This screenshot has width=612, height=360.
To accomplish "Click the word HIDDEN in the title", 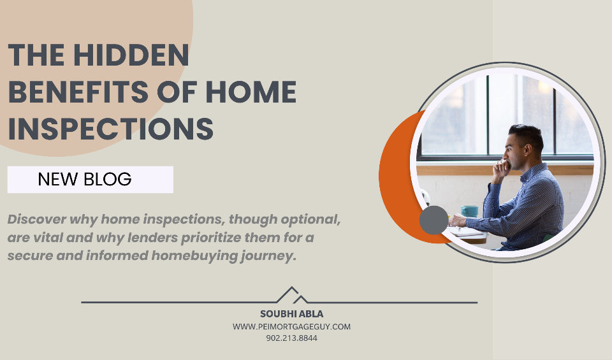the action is [x=131, y=55].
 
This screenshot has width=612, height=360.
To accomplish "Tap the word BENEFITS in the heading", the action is [x=78, y=92].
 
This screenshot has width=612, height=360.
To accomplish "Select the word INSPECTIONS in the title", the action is [x=111, y=129].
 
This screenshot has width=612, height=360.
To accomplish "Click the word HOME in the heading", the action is [x=251, y=92].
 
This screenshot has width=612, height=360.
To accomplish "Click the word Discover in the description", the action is [x=37, y=219].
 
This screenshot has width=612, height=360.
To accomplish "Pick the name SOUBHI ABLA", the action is [x=291, y=314].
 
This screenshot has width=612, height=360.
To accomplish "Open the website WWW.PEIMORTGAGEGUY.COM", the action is [x=291, y=326].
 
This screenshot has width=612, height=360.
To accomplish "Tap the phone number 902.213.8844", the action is [x=291, y=338].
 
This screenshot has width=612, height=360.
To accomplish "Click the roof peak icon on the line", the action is [x=292, y=295].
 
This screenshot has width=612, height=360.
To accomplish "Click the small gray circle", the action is [x=434, y=220].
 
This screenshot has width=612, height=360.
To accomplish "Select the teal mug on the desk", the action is [x=469, y=211].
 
